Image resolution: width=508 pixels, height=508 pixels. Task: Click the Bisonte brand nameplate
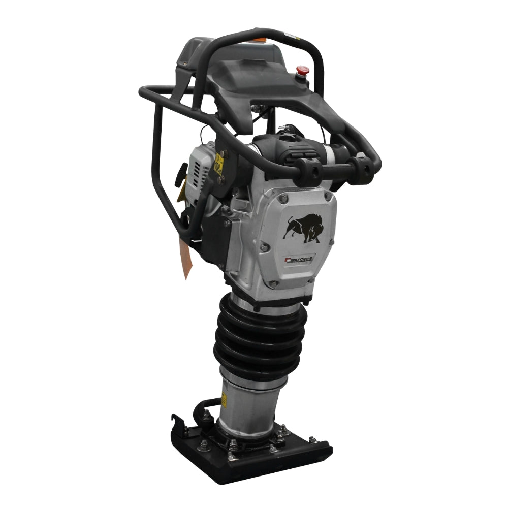click(x=300, y=260)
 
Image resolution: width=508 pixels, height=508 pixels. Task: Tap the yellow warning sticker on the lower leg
click(x=224, y=401)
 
